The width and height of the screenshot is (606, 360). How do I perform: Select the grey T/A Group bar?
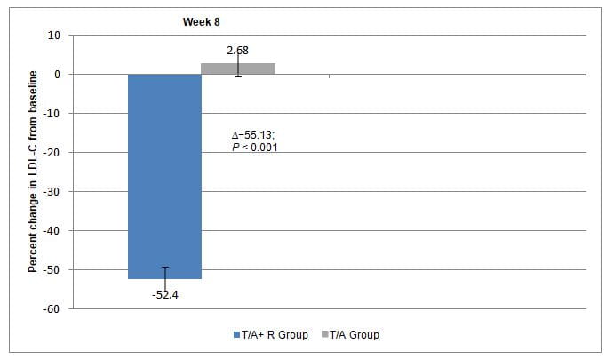(238, 68)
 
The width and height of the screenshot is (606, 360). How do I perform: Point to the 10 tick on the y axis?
(54, 36)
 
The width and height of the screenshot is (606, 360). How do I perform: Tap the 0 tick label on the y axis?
(57, 75)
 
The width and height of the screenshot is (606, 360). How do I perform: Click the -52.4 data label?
(164, 294)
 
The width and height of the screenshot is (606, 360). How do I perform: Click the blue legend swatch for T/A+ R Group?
(235, 335)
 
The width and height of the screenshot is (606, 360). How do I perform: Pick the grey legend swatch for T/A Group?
(324, 335)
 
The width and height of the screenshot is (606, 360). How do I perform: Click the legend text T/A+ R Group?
(275, 335)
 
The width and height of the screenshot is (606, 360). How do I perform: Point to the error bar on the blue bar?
(164, 277)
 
